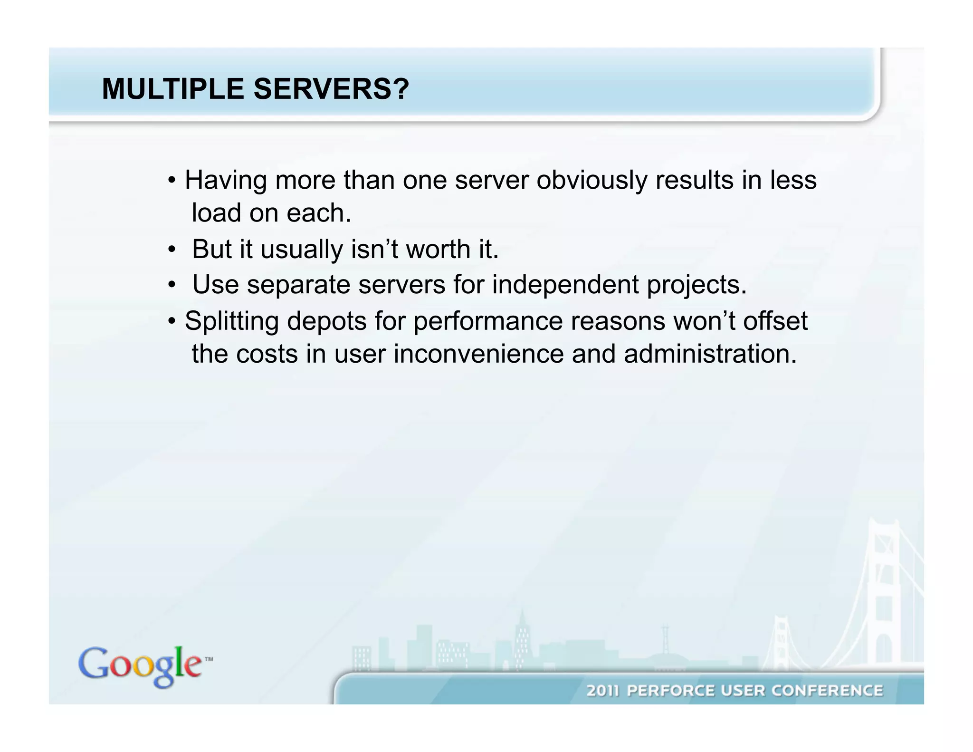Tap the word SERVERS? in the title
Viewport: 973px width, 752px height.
331,89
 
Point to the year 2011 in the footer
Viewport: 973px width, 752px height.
603,691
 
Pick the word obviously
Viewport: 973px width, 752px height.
591,181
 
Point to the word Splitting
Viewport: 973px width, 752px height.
231,322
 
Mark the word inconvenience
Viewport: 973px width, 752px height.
478,354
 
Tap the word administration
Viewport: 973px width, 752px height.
710,354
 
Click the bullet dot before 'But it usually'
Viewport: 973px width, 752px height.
172,250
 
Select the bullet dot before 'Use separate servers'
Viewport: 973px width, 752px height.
172,286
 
